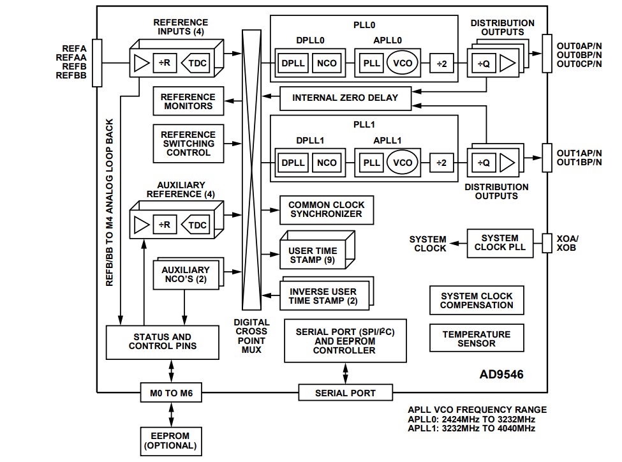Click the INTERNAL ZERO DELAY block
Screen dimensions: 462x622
pos(345,98)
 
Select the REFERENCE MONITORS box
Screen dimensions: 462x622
pos(188,101)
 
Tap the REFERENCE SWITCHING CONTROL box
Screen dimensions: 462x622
pos(188,144)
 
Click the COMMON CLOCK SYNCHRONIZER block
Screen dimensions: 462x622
pos(327,209)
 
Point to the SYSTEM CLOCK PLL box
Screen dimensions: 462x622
pos(500,242)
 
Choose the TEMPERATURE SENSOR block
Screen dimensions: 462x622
pos(477,339)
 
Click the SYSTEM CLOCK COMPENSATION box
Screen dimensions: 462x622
pos(477,301)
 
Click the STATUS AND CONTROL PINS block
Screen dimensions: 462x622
pos(162,341)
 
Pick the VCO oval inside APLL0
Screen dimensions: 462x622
pos(403,63)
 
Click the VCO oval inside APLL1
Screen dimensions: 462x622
pos(403,163)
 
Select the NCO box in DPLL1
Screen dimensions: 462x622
pos(327,163)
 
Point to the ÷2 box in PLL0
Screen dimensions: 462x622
pos(441,63)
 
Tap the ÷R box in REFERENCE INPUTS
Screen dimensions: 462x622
pos(163,63)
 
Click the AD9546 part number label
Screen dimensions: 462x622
pos(501,375)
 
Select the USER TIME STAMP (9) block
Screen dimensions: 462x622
pos(313,256)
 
